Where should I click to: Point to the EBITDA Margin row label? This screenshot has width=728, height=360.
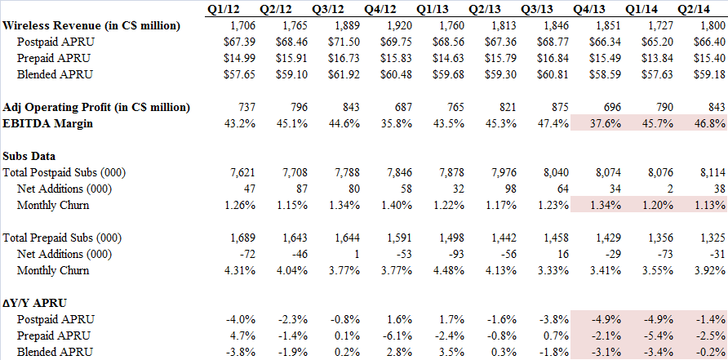[x=47, y=122]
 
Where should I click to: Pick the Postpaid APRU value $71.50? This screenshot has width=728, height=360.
[x=329, y=42]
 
